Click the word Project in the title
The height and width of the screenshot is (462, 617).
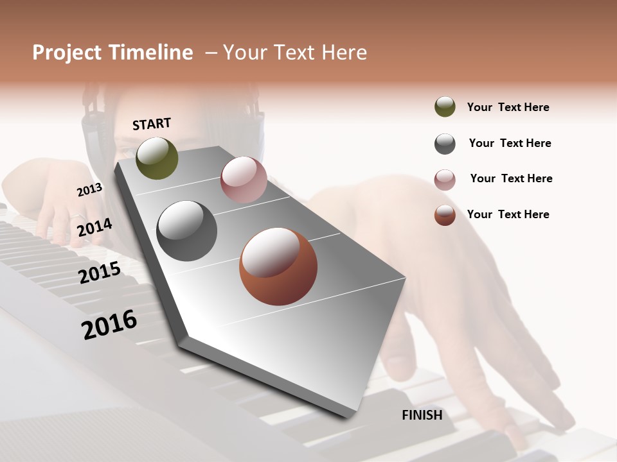pos(67,53)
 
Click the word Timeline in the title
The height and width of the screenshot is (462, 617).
pos(150,53)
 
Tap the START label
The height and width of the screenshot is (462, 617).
pos(152,124)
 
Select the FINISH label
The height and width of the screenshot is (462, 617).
pos(422,415)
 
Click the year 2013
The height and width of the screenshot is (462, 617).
pos(89,189)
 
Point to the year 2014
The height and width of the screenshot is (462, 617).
pos(94,227)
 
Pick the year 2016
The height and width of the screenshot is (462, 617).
pos(109,324)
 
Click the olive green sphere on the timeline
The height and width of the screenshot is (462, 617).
pos(157,158)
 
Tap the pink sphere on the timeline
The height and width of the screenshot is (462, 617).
pos(244,179)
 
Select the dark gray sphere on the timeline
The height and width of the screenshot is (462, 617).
pos(187,231)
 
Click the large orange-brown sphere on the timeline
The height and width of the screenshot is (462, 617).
pos(278,266)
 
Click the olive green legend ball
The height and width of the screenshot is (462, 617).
pos(445,107)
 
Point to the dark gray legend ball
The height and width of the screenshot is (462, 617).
pos(445,144)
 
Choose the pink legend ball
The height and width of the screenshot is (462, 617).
pos(445,180)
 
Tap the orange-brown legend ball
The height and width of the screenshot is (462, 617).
pos(445,215)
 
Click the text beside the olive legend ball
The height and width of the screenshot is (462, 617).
pos(508,107)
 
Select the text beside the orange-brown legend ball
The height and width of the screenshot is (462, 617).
pos(508,214)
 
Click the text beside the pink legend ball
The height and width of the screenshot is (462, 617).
pos(511,178)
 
